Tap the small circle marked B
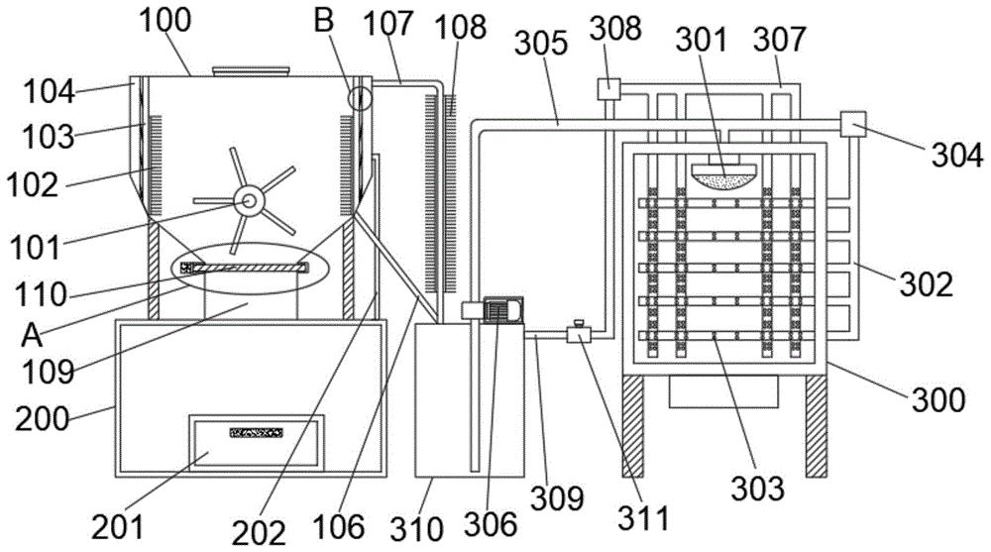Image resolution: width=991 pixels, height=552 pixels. (360, 97)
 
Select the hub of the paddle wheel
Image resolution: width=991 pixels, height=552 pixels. (249, 201)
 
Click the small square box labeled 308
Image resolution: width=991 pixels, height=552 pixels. (607, 88)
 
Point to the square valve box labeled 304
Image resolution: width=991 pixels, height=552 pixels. (851, 124)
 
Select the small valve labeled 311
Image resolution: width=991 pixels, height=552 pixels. (575, 333)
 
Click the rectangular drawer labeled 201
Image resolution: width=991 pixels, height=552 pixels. (258, 443)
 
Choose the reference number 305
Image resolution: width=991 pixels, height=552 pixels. (539, 43)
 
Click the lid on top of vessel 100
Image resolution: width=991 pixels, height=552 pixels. (251, 71)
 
